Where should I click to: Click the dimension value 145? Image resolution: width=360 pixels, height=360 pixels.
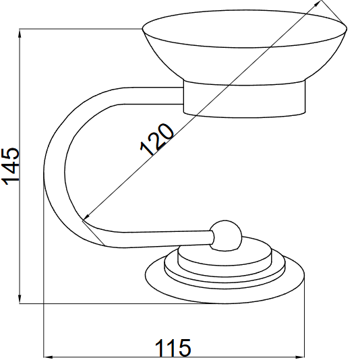pyautogui.click(x=10, y=166)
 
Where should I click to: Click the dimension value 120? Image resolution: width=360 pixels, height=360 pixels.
pyautogui.click(x=157, y=140)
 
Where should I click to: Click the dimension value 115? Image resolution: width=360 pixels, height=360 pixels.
pyautogui.click(x=173, y=347)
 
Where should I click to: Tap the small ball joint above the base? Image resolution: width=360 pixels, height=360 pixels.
pyautogui.click(x=226, y=236)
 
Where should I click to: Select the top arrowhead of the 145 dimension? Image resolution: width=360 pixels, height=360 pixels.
pyautogui.click(x=20, y=34)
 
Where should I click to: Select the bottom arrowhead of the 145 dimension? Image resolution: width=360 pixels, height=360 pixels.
pyautogui.click(x=20, y=299)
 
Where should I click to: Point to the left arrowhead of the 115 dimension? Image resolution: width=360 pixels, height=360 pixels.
pyautogui.click(x=49, y=357)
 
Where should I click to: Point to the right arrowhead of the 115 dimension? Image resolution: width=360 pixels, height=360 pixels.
pyautogui.click(x=299, y=357)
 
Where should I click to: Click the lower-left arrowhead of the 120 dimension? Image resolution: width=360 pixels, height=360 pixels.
pyautogui.click(x=86, y=218)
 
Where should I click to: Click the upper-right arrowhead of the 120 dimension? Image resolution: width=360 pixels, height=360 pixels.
pyautogui.click(x=318, y=3)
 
